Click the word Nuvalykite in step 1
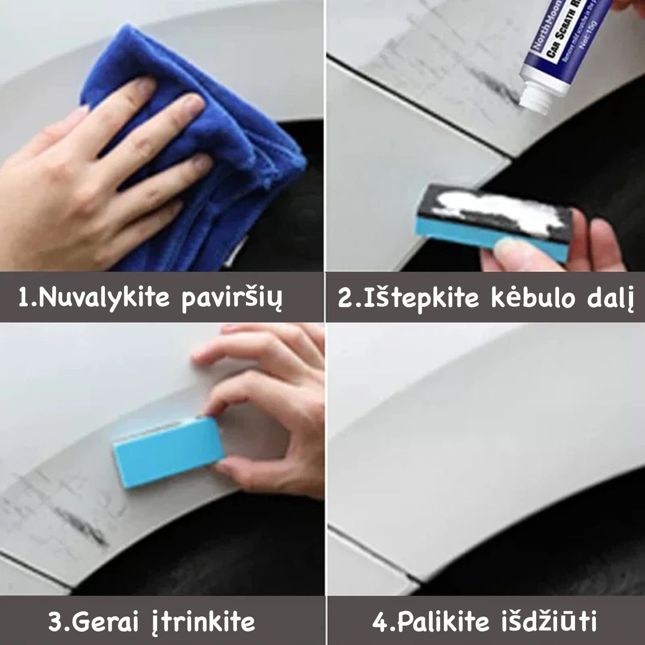[x=102, y=298]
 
